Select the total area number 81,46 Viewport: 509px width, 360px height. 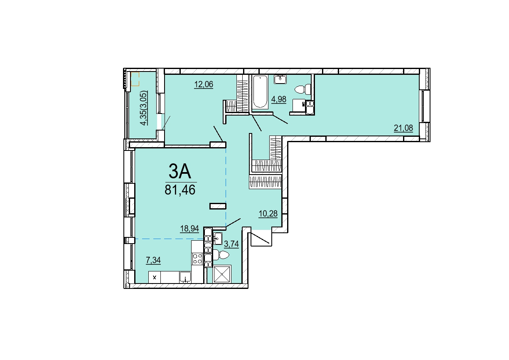point(180,190)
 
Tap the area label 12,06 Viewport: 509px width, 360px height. point(204,84)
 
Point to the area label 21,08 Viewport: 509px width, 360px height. point(403,128)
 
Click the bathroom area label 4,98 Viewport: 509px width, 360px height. point(279,99)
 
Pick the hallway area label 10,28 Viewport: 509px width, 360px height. point(268,214)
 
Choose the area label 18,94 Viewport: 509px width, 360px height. point(189,228)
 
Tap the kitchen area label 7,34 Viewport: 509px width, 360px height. point(153,260)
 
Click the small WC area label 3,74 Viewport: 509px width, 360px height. point(231,244)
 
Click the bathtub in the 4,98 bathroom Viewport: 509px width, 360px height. point(261,92)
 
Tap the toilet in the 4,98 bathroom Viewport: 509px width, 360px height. point(303,89)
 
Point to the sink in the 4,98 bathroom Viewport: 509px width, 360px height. point(280,79)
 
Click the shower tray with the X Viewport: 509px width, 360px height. point(222,274)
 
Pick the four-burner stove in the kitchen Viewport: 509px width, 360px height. point(197,259)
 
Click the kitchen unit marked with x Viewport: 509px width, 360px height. point(155,277)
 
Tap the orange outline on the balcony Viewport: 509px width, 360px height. point(135,79)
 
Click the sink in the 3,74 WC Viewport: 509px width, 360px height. point(217,239)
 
